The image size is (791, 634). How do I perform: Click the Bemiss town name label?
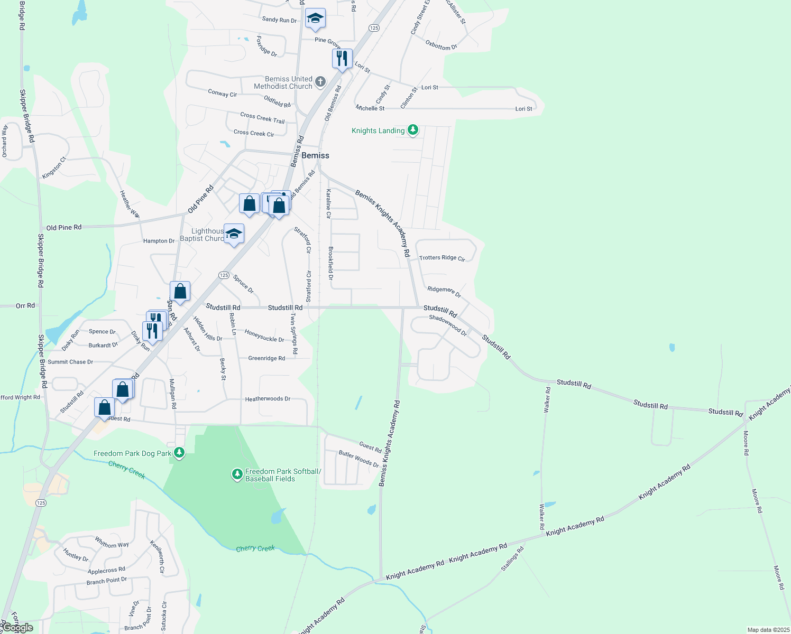315,155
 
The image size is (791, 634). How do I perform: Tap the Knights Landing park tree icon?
413,130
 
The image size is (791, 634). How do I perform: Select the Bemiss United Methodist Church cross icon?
320,82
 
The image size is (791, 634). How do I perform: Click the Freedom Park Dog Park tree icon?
179,453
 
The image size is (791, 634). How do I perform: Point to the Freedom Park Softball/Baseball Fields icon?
237,474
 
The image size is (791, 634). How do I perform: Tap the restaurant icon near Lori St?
342,59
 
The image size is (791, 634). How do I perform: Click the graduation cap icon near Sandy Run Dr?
315,19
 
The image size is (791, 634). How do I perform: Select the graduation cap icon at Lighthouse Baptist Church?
234,234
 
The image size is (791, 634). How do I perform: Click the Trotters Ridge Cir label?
442,258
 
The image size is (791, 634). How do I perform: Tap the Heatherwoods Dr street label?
268,399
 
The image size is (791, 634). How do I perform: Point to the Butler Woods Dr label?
359,459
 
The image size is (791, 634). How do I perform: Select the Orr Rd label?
25,305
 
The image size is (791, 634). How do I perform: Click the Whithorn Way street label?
112,543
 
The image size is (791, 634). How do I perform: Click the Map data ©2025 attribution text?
768,630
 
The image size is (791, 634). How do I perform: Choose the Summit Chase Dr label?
70,362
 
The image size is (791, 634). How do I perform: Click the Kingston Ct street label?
54,167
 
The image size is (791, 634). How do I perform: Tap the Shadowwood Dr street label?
448,325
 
